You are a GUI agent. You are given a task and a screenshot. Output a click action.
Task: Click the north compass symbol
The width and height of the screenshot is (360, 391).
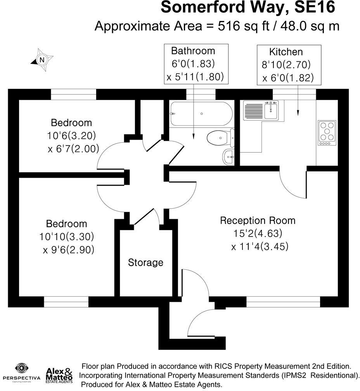pos(42,60)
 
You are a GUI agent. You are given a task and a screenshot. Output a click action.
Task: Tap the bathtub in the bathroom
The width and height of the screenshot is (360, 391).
pos(201,114)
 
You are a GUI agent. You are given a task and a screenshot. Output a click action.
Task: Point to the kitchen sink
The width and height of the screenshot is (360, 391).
pos(271,110)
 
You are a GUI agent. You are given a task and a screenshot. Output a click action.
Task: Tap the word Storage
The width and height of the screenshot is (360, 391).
pos(145,263)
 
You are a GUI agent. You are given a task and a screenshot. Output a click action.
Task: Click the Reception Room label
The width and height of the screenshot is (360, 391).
pos(258,221)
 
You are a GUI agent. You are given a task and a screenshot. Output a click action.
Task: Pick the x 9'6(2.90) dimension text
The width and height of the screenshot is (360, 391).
pos(69,250)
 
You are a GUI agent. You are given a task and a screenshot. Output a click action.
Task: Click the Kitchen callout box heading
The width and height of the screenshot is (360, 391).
pos(286,52)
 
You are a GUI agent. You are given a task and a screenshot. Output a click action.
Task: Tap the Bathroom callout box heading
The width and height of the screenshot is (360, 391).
pos(193,51)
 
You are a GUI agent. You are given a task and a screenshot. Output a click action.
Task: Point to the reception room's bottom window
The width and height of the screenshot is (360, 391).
pos(283,302)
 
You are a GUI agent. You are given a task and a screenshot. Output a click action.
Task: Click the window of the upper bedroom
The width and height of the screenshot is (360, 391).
pos(73,94)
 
